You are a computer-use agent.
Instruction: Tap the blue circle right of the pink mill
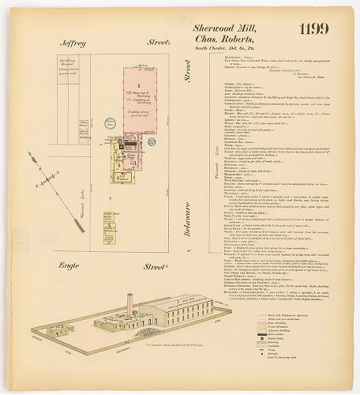click(171, 135)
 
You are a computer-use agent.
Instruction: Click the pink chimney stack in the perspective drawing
click(129, 307)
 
